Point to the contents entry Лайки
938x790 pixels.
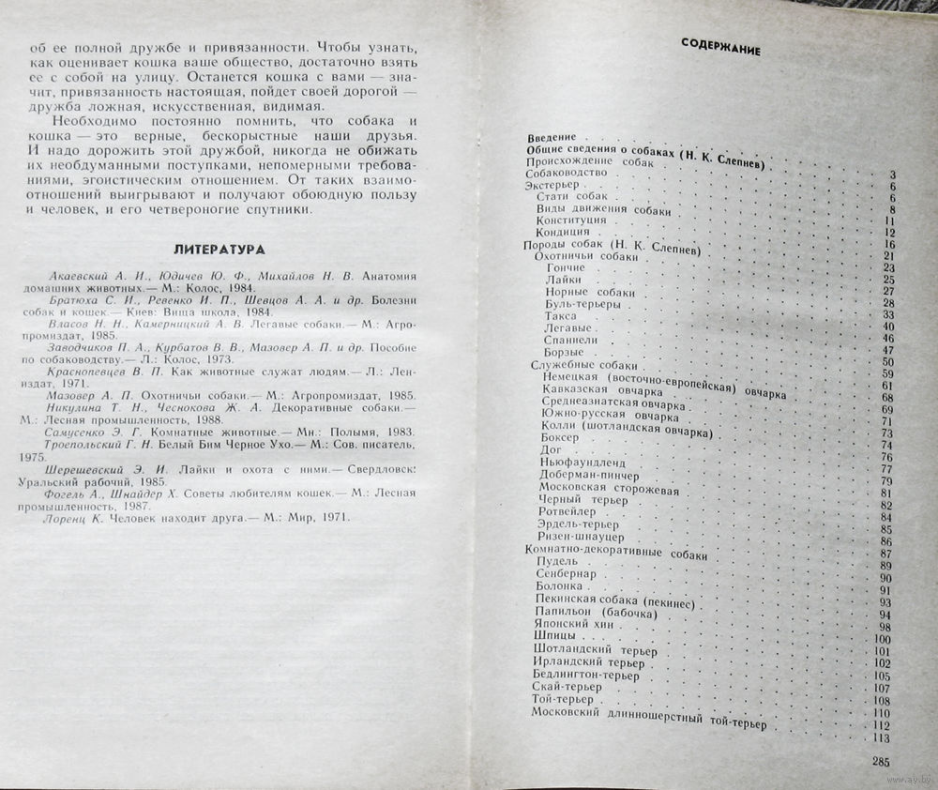coord(563,279)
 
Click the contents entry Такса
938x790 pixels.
coord(560,315)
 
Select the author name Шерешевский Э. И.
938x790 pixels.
coord(103,467)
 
